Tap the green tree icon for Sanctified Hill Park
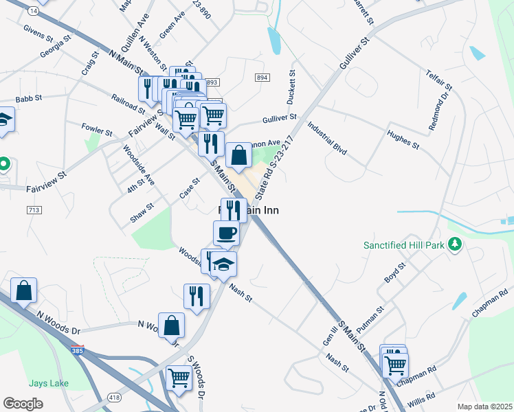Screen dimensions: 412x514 [454, 244]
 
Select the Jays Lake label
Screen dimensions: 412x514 [48, 382]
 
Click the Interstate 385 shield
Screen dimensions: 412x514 [78, 350]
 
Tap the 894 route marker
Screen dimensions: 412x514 [261, 78]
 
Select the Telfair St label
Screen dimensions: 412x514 [438, 80]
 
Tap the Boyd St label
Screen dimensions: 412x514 [392, 275]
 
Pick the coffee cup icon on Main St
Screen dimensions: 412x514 [226, 233]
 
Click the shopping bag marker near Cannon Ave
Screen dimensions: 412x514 [238, 156]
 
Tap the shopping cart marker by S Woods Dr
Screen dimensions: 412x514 [179, 377]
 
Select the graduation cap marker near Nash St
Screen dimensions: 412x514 [223, 264]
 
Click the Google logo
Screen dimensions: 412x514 [23, 404]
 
